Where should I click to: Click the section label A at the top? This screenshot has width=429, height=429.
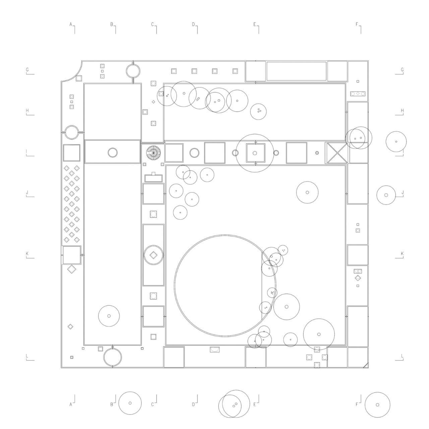click(71, 24)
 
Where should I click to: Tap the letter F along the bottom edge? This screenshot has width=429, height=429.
click(357, 405)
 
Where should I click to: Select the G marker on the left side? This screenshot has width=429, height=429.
click(27, 70)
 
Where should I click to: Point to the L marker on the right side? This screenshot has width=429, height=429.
click(402, 356)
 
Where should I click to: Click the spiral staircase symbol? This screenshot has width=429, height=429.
click(154, 153)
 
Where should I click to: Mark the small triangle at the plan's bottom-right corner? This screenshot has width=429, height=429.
click(366, 365)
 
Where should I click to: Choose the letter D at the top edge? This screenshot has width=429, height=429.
click(193, 24)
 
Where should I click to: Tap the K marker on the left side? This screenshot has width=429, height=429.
click(27, 254)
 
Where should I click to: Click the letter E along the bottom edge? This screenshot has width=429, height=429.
click(255, 405)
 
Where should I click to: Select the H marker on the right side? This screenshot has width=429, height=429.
click(402, 111)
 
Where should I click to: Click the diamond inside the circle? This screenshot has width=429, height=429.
click(153, 255)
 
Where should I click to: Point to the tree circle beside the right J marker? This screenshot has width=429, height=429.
click(386, 195)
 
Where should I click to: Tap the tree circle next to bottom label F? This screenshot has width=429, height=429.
click(377, 405)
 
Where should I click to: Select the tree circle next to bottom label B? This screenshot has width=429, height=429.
click(130, 403)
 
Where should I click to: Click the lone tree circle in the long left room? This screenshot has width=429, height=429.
click(109, 316)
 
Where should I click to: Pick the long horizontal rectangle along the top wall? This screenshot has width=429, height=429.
click(296, 71)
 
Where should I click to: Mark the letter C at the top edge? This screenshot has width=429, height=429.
click(152, 24)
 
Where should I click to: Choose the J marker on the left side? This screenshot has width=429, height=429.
click(27, 193)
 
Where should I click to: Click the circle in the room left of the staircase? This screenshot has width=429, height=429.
click(113, 153)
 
